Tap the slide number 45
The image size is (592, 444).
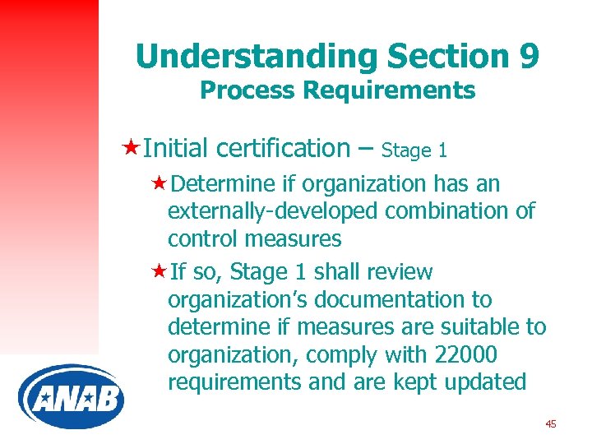coord(550,423)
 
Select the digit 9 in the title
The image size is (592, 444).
coord(529,56)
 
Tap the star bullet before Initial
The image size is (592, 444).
coord(129,148)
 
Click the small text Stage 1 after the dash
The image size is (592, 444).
coord(415,150)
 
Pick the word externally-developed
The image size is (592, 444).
coord(271,211)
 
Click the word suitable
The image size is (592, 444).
coord(478,327)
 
